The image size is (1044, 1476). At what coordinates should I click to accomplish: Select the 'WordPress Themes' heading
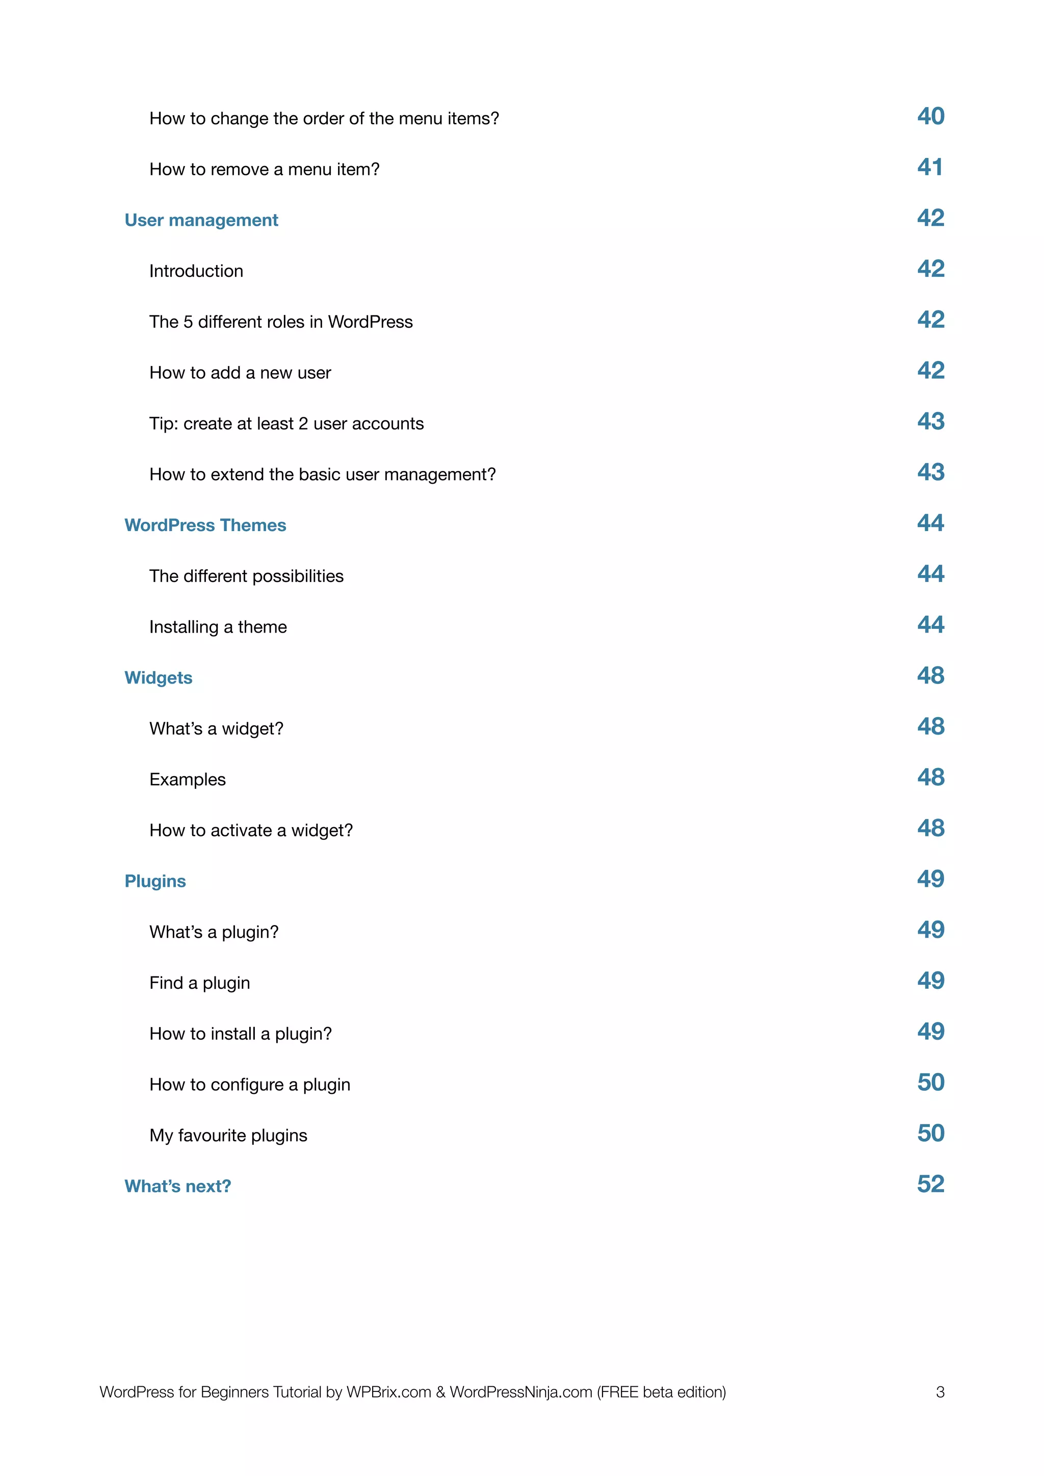coord(205,525)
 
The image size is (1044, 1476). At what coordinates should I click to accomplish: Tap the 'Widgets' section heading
coord(158,677)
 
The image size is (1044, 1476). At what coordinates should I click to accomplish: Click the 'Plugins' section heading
coord(155,881)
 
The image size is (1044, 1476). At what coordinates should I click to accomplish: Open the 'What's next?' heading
coord(177,1186)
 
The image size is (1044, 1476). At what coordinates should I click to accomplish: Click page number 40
coord(930,116)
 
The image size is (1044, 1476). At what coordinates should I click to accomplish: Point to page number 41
coord(930,167)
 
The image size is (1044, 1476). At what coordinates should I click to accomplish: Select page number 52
coord(930,1184)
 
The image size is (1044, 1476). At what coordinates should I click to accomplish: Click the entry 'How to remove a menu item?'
coord(264,169)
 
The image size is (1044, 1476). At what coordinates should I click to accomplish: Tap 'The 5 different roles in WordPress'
coord(281,322)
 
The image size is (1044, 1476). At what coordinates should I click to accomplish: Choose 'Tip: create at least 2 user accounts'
coord(286,424)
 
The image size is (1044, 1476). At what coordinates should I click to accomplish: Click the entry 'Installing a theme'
coord(218,627)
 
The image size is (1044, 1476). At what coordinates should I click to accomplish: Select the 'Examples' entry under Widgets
coord(187,779)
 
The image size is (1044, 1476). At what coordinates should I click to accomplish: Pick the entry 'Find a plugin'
coord(199,983)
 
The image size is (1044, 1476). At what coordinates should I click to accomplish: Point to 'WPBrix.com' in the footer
coord(388,1392)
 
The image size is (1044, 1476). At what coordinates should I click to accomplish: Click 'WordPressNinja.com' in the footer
coord(520,1392)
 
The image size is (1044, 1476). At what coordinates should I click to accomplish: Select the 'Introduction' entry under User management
coord(196,271)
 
